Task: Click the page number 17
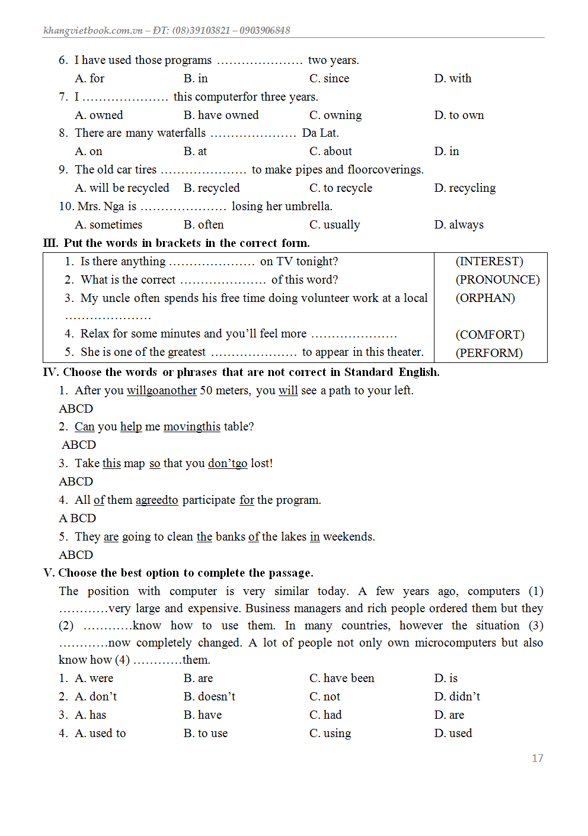coord(537,758)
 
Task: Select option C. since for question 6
coord(329,78)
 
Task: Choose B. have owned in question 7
coord(221,115)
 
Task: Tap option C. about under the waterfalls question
coord(330,151)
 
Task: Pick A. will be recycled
coord(122,188)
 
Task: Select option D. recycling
coord(465,188)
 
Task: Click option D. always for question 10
coord(459,224)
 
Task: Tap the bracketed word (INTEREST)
coord(489,261)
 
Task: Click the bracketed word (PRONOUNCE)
coord(497,279)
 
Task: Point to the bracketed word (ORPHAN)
coord(485,298)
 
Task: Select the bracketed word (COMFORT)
coord(490,335)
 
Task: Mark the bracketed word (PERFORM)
coord(489,353)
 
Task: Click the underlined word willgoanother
coord(162,390)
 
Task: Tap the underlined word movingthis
coord(191,426)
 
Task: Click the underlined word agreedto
coord(156,500)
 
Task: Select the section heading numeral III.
coord(50,243)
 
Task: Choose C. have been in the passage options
coord(341,678)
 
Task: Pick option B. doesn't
coord(209,696)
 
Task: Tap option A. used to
coord(100,733)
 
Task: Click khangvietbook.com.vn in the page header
coord(93,30)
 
